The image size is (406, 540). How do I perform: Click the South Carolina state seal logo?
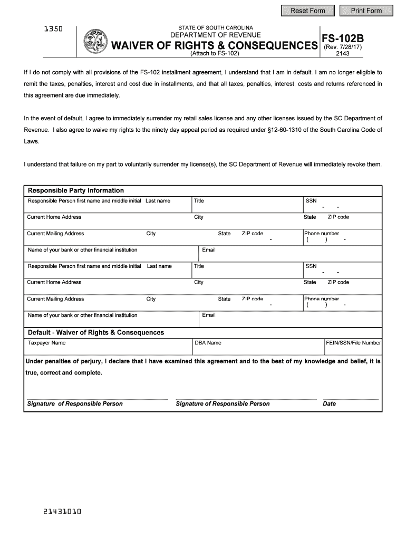click(x=95, y=41)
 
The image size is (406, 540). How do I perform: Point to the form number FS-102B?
click(x=342, y=38)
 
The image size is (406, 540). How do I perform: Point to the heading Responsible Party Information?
click(x=76, y=190)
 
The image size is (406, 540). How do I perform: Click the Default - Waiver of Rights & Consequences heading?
click(x=96, y=332)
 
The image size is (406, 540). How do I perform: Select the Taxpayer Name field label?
click(x=47, y=343)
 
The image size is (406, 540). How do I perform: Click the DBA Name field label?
click(x=208, y=343)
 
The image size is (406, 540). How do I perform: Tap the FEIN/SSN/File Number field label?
click(x=353, y=343)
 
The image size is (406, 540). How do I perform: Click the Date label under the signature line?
click(x=329, y=404)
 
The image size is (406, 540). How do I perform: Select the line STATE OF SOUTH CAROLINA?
click(x=215, y=27)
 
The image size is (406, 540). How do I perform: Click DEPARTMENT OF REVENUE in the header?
click(x=215, y=35)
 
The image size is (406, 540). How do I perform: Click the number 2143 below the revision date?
click(x=342, y=54)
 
